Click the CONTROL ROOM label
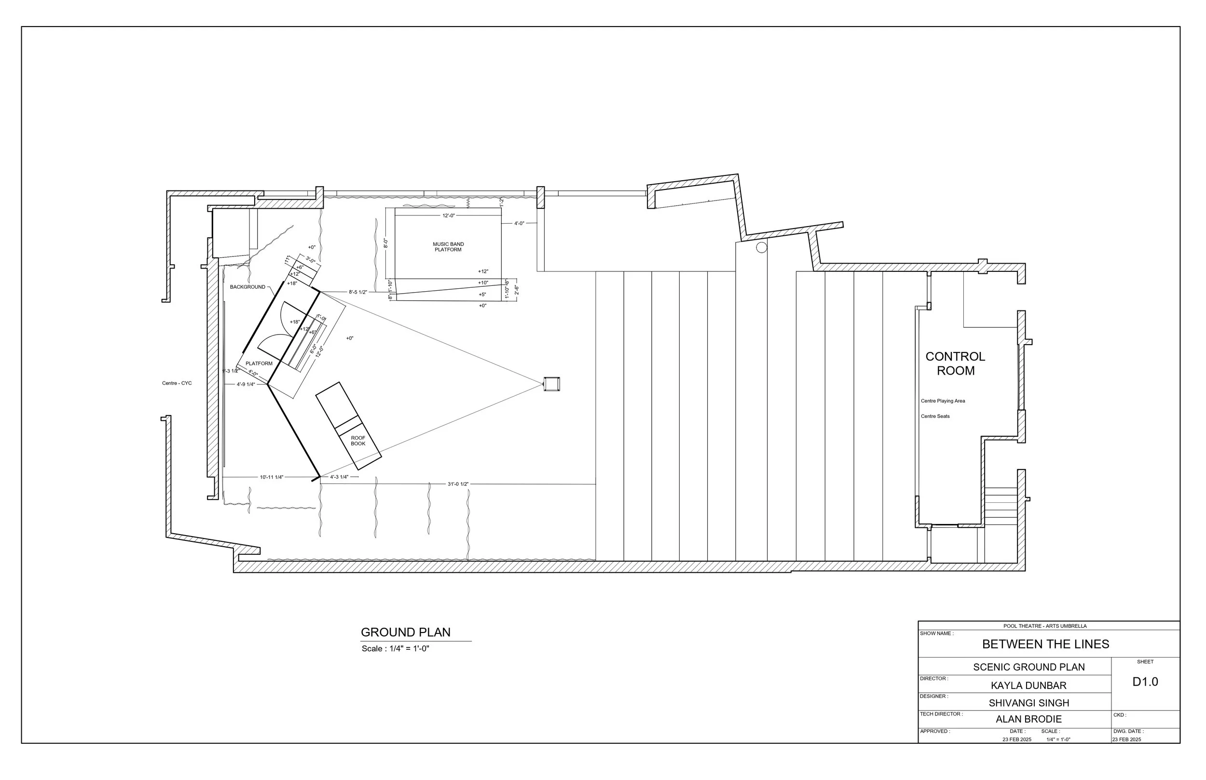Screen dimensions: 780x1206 pyautogui.click(x=955, y=363)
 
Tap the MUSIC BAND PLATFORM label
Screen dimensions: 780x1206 pyautogui.click(x=448, y=247)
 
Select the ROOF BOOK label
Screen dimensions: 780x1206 pyautogui.click(x=358, y=441)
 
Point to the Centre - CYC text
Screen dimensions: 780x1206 pyautogui.click(x=177, y=383)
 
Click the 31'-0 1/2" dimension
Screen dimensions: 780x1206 pyautogui.click(x=458, y=484)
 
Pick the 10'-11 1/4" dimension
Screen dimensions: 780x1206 pyautogui.click(x=272, y=477)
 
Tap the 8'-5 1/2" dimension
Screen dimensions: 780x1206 pyautogui.click(x=358, y=292)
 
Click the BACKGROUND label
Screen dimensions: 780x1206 pyautogui.click(x=247, y=287)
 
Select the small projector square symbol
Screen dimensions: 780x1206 pyautogui.click(x=551, y=384)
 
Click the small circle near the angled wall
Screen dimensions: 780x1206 pyautogui.click(x=761, y=248)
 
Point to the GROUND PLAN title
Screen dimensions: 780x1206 pyautogui.click(x=405, y=632)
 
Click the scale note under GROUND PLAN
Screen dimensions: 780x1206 pyautogui.click(x=395, y=649)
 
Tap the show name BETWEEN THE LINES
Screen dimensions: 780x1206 pyautogui.click(x=1045, y=644)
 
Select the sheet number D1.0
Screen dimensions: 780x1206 pyautogui.click(x=1145, y=682)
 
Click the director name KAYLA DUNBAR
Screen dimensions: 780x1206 pyautogui.click(x=1028, y=686)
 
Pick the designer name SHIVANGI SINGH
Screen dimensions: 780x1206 pyautogui.click(x=1028, y=703)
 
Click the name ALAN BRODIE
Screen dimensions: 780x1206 pyautogui.click(x=1028, y=719)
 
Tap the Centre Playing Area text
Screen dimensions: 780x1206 pyautogui.click(x=943, y=401)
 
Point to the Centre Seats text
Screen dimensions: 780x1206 pyautogui.click(x=935, y=417)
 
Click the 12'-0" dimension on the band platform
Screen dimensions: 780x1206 pyautogui.click(x=449, y=216)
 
